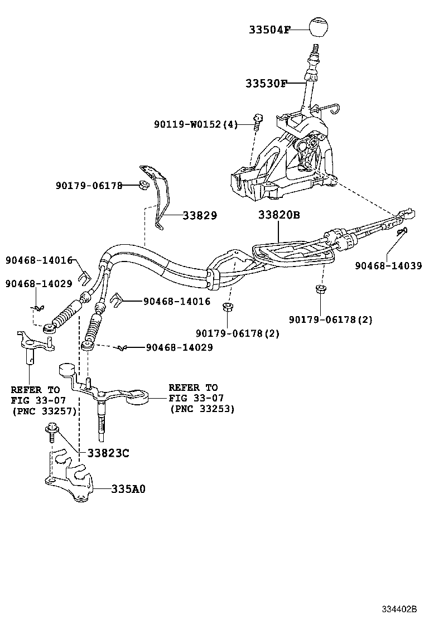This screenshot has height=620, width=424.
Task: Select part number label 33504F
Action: coord(269,30)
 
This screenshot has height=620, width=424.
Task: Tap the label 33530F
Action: coord(266,84)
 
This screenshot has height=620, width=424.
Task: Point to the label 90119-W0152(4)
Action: coord(196,124)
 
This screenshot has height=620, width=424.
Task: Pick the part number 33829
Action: coord(199,215)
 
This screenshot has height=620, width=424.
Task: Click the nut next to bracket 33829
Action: coord(143,185)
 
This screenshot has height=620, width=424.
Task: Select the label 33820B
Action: coord(279,215)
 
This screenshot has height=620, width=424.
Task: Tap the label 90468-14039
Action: coord(388,265)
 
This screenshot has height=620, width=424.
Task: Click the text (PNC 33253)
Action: coord(201,409)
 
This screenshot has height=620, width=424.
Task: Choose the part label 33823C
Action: coord(108,453)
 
